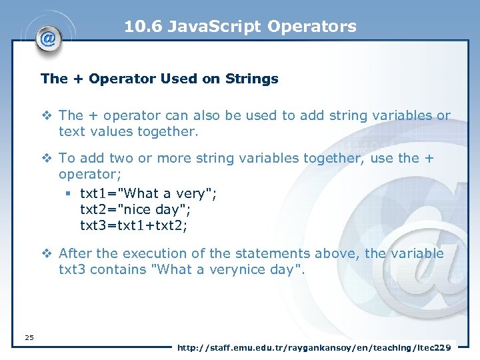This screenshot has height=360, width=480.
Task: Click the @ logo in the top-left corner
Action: (47, 38)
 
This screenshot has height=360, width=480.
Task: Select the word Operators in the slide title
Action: (312, 27)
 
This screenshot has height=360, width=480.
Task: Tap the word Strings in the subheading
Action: (253, 79)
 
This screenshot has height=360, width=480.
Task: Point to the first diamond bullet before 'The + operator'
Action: (47, 116)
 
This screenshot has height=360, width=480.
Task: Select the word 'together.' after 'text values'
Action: (168, 131)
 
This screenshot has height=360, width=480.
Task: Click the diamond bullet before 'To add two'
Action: (47, 159)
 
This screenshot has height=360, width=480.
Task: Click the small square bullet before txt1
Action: (69, 194)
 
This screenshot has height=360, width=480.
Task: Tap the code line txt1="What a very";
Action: (148, 193)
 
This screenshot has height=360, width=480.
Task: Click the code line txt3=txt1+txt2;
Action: (134, 225)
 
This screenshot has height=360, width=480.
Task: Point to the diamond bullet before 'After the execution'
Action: (47, 254)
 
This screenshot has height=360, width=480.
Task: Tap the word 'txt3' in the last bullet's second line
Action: (72, 269)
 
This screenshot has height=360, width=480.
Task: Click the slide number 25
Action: (29, 337)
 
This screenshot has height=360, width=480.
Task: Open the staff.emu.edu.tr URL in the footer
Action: (314, 347)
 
